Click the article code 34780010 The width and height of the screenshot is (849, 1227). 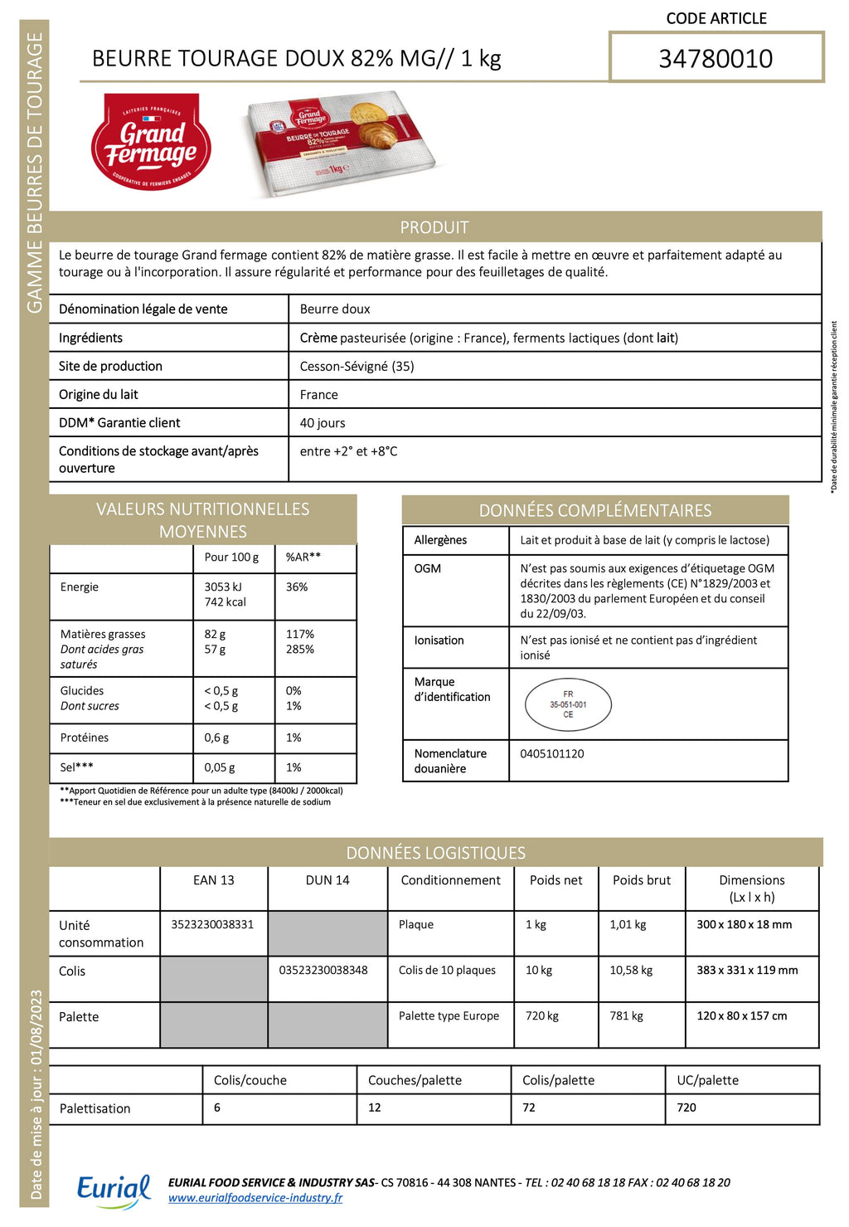(x=716, y=59)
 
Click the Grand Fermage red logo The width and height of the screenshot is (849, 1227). (x=151, y=142)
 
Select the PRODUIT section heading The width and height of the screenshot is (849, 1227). (x=434, y=227)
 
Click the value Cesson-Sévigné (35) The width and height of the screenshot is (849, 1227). (x=357, y=366)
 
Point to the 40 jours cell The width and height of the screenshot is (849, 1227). (x=323, y=423)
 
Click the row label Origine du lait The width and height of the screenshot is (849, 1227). (x=99, y=395)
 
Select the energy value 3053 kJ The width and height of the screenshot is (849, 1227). (x=223, y=587)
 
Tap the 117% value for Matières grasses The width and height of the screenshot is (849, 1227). (x=300, y=634)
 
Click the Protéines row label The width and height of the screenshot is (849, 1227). (x=85, y=738)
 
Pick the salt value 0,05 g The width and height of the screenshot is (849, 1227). (x=220, y=767)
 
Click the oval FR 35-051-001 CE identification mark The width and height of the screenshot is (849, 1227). (x=568, y=704)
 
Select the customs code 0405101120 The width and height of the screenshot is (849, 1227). (x=552, y=754)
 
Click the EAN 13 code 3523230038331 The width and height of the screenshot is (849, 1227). (x=212, y=924)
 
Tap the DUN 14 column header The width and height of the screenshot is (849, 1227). (x=327, y=880)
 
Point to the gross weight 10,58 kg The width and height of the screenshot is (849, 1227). (x=631, y=970)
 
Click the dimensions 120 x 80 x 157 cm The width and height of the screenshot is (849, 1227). (x=742, y=1015)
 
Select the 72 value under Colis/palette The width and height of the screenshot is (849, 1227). (x=529, y=1108)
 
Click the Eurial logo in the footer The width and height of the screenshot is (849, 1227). (x=114, y=1190)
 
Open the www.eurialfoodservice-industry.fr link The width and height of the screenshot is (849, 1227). (x=255, y=1198)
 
